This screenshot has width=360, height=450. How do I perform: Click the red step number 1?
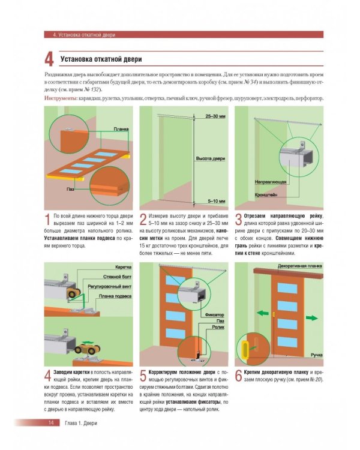click(x=48, y=219)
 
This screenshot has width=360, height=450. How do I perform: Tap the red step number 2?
click(x=143, y=219)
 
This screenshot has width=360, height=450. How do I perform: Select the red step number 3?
click(x=238, y=219)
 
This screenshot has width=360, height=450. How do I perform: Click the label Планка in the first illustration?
click(x=121, y=129)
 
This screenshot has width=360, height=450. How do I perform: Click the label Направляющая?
click(x=265, y=180)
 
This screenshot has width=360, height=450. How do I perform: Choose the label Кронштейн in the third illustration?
click(x=264, y=195)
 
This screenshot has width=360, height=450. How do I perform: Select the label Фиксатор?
click(x=214, y=314)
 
